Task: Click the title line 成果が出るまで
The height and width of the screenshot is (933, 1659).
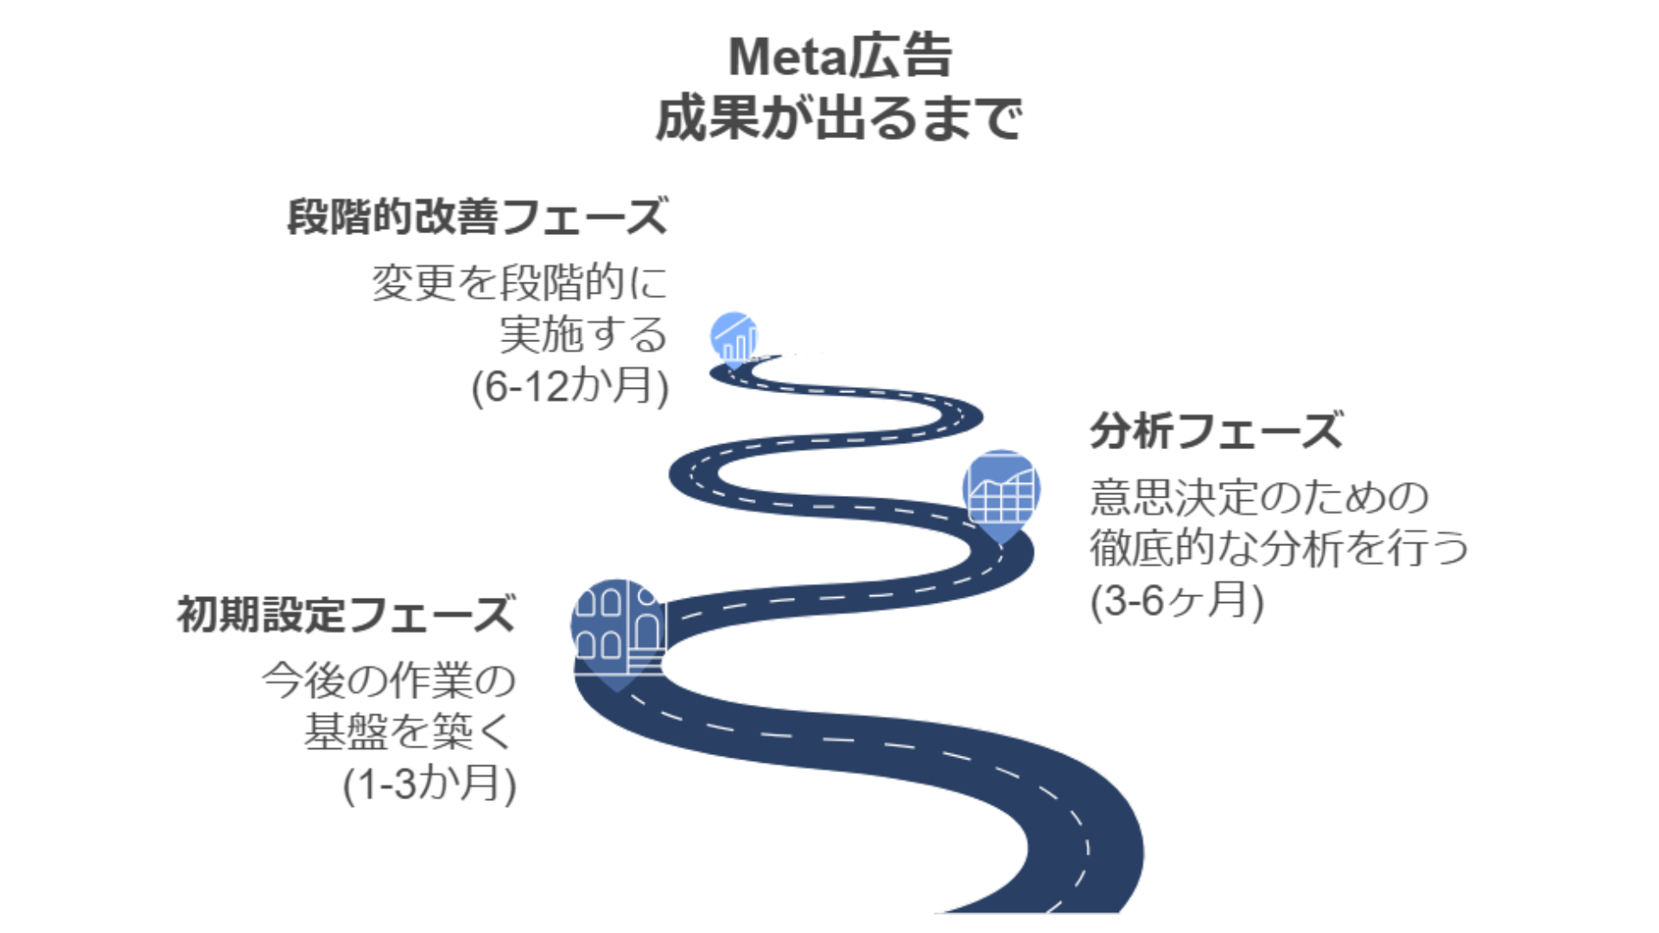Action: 839,118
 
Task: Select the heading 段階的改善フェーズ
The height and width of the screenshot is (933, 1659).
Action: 478,216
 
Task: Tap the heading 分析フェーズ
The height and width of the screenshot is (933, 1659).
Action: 1216,430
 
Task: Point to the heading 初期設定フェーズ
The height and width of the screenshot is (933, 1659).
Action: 346,615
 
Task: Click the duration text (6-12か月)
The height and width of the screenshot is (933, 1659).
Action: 570,385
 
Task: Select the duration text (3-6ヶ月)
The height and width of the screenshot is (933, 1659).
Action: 1177,600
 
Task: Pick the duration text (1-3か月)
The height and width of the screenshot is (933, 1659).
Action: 429,784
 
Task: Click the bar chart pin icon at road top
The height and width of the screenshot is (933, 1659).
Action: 734,338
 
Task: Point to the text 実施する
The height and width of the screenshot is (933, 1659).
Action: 583,334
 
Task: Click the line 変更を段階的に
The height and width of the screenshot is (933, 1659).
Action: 520,282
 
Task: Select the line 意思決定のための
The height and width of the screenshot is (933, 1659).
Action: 1260,497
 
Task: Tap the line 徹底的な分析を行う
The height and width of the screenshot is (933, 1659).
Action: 1279,548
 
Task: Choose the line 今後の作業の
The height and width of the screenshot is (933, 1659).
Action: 389,681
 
